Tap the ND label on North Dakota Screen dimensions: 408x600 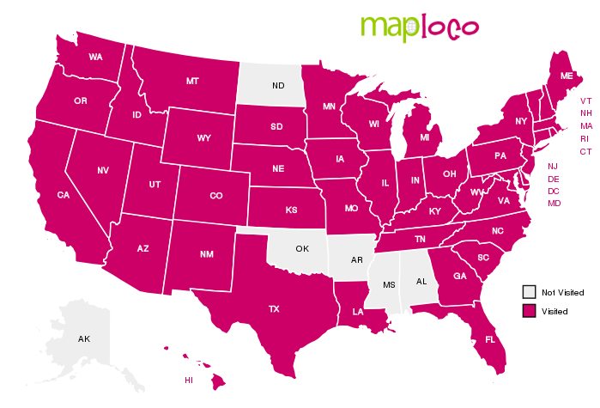pos(278,86)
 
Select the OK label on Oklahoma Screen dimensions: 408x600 pos(301,249)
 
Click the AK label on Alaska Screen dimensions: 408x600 pos(84,339)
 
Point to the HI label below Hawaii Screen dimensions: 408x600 pos(189,380)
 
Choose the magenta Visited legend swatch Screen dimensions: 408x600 pos(530,310)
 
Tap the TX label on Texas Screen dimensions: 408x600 pos(274,308)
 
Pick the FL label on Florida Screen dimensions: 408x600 pos(490,339)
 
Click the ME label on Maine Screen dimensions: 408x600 pos(567,76)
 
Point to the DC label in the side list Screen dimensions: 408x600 pos(554,191)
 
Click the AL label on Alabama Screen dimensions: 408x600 pos(421,281)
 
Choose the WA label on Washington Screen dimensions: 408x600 pos(95,58)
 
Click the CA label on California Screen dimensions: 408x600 pos(63,195)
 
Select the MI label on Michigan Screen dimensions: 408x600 pos(424,137)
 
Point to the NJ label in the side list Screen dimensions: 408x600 pos(553,166)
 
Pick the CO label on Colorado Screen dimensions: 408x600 pos(215,196)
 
